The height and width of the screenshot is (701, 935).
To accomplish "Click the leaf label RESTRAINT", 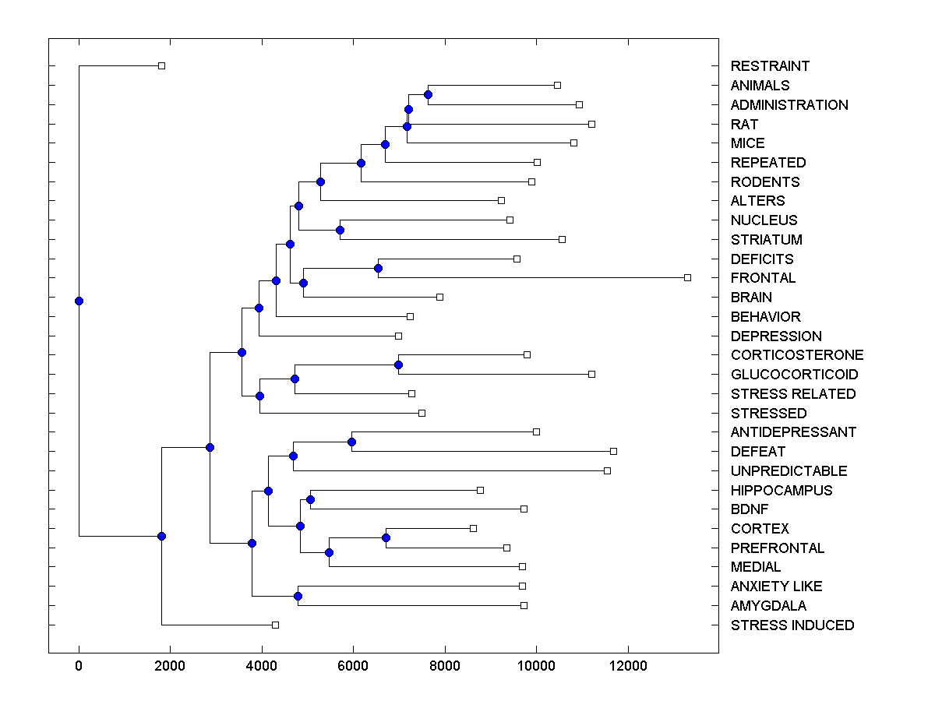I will pos(770,66).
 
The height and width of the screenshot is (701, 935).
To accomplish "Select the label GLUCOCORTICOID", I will pos(794,375).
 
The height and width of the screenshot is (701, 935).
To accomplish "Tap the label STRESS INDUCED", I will pos(792,625).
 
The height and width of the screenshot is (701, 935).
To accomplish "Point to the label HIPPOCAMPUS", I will pos(782,491).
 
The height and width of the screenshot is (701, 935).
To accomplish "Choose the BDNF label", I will pos(750,509).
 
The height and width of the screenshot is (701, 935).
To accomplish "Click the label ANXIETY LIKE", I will pos(776,587).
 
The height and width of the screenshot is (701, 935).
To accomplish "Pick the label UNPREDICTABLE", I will pos(789,471).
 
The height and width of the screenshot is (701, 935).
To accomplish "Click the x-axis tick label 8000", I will pos(445,665).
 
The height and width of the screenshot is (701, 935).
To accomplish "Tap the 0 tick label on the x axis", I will pos(79,665).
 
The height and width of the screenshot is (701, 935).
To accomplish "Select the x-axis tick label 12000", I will pos(628,665).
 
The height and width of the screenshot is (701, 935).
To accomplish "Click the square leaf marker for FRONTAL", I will pos(687,277).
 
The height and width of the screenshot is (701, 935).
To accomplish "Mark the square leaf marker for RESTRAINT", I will pos(161,65).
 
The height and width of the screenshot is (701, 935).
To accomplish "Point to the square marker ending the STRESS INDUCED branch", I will pos(275,625).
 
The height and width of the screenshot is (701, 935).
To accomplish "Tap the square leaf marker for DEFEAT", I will pos(613,451).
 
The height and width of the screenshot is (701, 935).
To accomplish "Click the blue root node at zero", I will pos(79,301).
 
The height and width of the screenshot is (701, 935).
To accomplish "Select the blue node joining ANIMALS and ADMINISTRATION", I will pos(428,94).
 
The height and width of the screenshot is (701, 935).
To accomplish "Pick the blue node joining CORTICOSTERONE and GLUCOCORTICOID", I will pos(398,365).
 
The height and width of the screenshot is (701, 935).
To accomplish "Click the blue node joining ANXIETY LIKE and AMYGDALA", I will pos(298,596).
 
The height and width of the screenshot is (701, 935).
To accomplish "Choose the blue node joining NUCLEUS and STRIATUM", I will pos(340,230).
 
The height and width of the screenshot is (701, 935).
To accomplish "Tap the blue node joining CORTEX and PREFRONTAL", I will pos(386,537).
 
